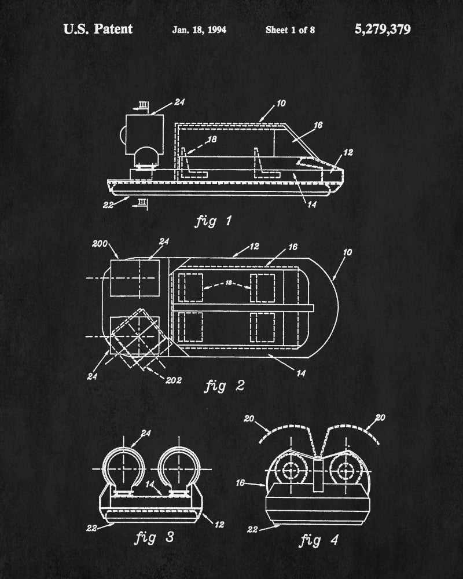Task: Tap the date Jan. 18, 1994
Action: point(199,30)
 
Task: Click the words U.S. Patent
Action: point(98,29)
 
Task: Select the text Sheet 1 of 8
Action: point(290,30)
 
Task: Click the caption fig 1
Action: point(212,221)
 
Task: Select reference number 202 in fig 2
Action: point(172,380)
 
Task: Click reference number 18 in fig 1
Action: point(213,140)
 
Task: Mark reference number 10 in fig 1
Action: point(281,104)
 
